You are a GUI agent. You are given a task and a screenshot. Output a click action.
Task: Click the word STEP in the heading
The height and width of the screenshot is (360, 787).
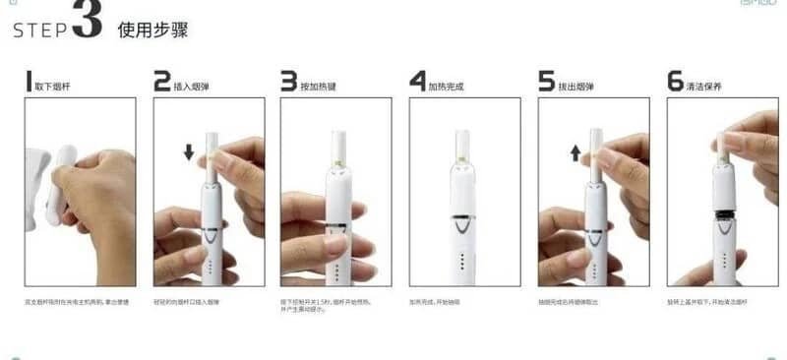38,30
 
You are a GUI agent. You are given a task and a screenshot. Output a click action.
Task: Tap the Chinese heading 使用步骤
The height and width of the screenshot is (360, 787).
152,30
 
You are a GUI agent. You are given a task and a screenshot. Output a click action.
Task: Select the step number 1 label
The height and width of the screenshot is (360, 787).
30,82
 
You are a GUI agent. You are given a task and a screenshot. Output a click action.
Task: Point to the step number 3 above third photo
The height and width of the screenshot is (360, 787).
288,82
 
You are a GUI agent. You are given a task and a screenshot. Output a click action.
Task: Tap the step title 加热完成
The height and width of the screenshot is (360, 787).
447,87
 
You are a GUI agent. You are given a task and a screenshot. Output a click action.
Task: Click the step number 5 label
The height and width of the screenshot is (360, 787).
547,82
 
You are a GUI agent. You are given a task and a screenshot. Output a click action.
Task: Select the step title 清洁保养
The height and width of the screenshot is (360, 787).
706,87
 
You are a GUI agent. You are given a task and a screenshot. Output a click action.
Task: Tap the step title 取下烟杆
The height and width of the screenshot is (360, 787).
55,87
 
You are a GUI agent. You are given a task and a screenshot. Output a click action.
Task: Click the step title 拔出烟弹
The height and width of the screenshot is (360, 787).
577,87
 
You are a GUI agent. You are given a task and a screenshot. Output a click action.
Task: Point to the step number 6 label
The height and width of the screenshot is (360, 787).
676,82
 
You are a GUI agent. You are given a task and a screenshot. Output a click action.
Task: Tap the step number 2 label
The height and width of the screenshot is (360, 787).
162,82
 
